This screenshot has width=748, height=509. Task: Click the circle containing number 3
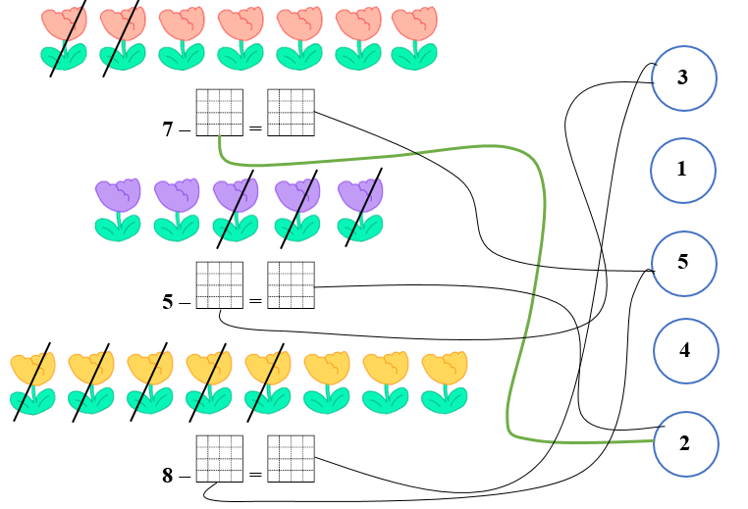(x=683, y=77)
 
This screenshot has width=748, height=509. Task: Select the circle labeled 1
(x=683, y=169)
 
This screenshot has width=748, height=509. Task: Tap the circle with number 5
(x=683, y=262)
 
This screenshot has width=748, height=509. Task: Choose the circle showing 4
(x=686, y=350)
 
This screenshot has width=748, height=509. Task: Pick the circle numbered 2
(x=685, y=443)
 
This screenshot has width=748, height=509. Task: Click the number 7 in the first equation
(x=168, y=127)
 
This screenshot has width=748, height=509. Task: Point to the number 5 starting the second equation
(x=168, y=302)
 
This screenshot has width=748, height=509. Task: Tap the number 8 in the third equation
(x=168, y=477)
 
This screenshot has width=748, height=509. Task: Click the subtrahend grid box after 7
(x=219, y=112)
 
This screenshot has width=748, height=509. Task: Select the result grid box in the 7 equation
(x=291, y=112)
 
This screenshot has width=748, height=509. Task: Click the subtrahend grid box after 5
(x=219, y=285)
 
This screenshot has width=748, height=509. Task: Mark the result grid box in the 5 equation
(x=291, y=285)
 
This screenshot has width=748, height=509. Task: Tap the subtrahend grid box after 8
(x=219, y=458)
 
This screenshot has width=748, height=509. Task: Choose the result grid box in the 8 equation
(x=291, y=458)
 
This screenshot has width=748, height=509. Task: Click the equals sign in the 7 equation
(x=255, y=127)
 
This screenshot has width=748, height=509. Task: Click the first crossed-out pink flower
(x=63, y=38)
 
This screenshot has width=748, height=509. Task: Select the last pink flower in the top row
(x=414, y=38)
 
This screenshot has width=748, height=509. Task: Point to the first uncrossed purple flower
(x=118, y=210)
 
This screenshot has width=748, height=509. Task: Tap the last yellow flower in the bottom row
(x=445, y=382)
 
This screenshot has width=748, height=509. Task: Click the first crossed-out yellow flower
(x=32, y=382)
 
